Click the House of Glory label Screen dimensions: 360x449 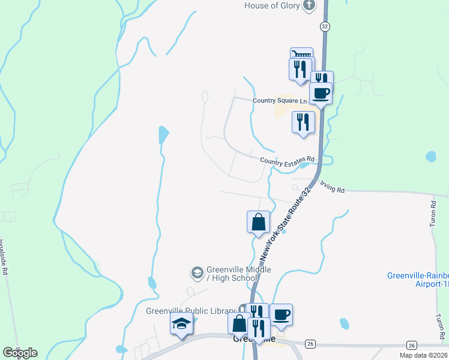pyautogui.click(x=271, y=5)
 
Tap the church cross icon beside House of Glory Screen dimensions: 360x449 pyautogui.click(x=309, y=6)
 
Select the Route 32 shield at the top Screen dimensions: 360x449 pyautogui.click(x=325, y=26)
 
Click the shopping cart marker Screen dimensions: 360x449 pyautogui.click(x=301, y=55)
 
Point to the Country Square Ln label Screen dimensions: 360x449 pyautogui.click(x=279, y=101)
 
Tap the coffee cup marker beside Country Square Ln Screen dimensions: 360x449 pyautogui.click(x=321, y=93)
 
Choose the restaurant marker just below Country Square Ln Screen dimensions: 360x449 pyautogui.click(x=303, y=122)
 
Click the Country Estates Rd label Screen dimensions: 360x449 pyautogui.click(x=288, y=160)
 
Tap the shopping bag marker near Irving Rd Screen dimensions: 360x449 pyautogui.click(x=258, y=221)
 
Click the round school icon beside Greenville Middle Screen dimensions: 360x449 pyautogui.click(x=197, y=274)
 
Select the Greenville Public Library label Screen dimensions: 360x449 pyautogui.click(x=191, y=311)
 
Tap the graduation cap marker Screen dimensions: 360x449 pyautogui.click(x=181, y=323)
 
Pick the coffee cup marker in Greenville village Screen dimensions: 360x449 pyautogui.click(x=281, y=314)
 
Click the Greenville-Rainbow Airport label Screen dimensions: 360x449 pyautogui.click(x=418, y=280)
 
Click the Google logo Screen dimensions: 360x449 pyautogui.click(x=20, y=353)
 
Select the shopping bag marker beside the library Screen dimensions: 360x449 pyautogui.click(x=239, y=324)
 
